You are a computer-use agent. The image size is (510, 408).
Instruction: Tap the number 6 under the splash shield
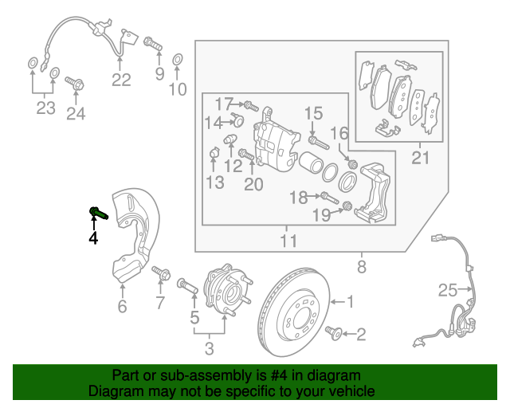tap(122, 307)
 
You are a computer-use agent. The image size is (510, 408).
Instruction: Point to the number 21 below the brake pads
tap(420, 159)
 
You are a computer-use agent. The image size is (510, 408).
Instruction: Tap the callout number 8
tap(362, 267)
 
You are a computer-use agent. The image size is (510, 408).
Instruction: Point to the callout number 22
tap(120, 79)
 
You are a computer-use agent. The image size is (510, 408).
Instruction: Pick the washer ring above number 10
tap(177, 58)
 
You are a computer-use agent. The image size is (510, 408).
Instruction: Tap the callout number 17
tap(223, 103)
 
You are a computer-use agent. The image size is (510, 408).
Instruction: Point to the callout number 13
tap(214, 183)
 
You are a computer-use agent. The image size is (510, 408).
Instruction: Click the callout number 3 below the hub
tap(210, 347)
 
